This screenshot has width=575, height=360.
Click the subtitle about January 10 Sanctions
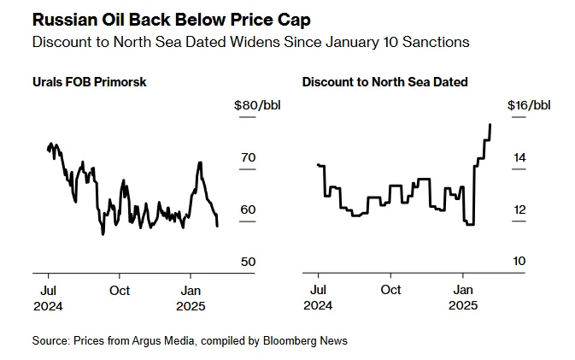pos(250,41)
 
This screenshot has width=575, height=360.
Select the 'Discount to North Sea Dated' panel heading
pos(384,82)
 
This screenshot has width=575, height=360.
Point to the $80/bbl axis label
pos(256,106)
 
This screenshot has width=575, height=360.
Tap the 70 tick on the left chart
pos(248,158)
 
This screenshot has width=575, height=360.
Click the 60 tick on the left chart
pos(248,210)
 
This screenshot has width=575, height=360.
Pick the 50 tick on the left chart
pos(248,262)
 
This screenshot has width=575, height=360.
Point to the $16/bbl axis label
pos(528,106)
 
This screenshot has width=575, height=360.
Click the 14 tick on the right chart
pos(519,158)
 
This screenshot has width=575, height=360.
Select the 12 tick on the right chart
pos(519,210)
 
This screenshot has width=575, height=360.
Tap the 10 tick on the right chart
pos(519,262)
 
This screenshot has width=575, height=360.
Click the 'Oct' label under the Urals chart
pos(120,290)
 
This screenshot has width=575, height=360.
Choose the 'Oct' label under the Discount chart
pos(390,290)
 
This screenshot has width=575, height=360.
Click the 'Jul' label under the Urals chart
pos(49,290)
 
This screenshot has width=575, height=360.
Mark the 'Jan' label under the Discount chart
pos(463,290)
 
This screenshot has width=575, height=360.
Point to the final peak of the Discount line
pos(490,125)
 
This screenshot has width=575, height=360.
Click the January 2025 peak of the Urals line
pos(200,162)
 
